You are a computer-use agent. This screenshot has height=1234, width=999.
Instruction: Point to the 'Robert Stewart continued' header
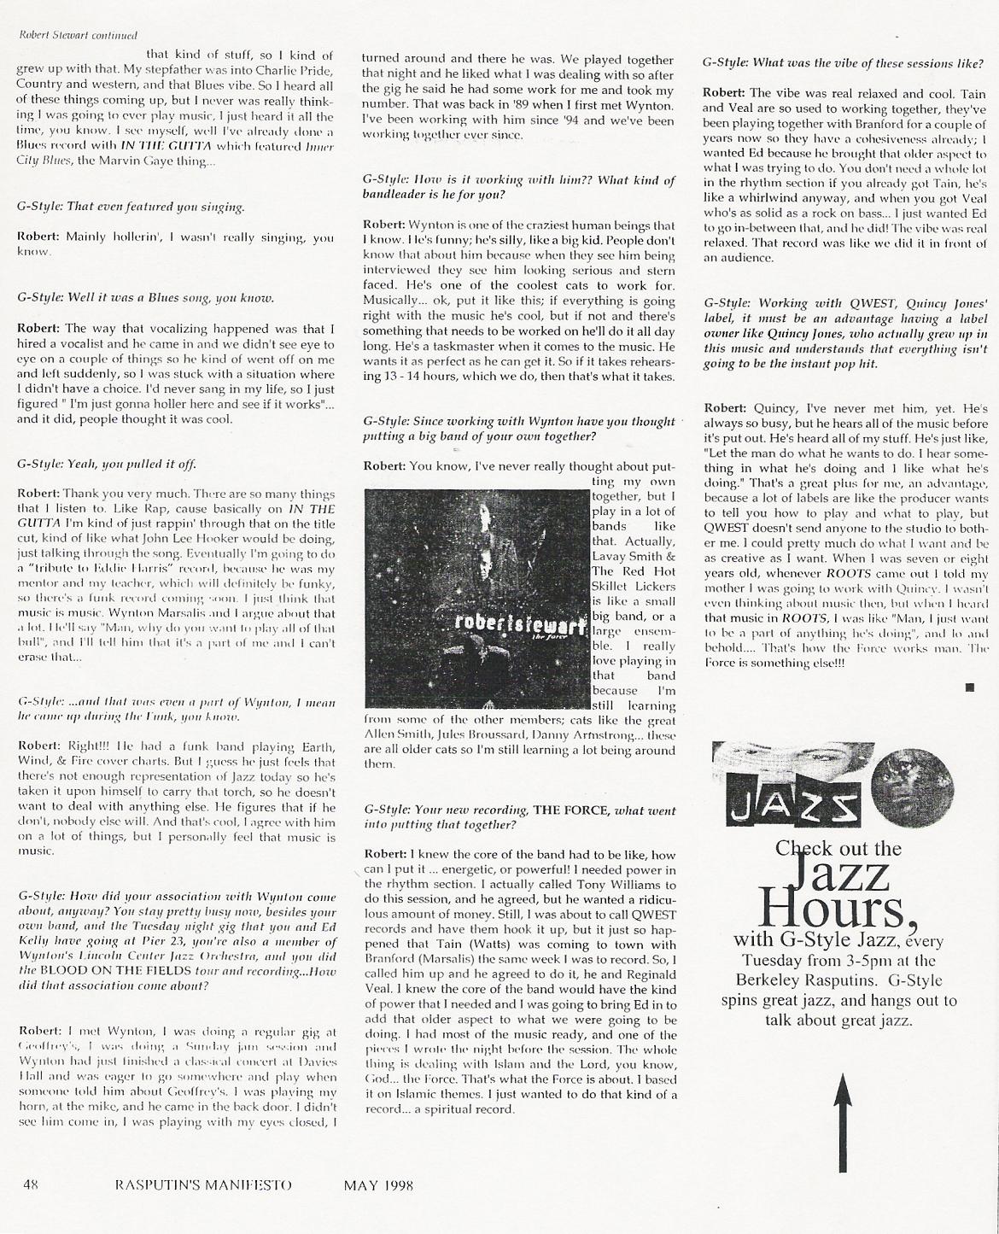[x=66, y=35]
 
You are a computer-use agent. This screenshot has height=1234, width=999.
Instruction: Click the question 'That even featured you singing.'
[x=131, y=207]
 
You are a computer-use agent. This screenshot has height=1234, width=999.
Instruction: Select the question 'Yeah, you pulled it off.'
[x=107, y=464]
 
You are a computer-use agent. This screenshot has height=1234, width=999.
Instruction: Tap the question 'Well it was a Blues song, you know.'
[x=146, y=298]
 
